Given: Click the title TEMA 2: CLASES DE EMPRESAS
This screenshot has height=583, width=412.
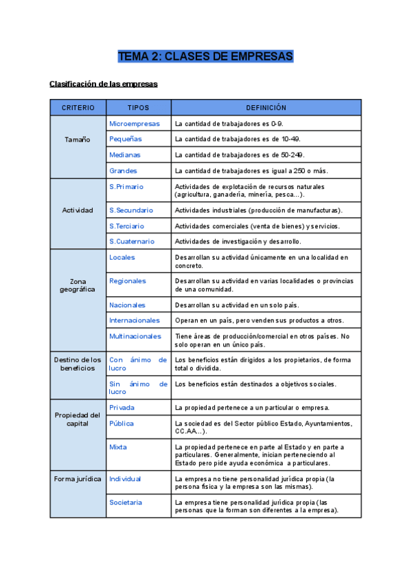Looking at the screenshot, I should (x=205, y=56).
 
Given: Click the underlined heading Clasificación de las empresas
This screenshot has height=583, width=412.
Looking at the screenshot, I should (x=104, y=84).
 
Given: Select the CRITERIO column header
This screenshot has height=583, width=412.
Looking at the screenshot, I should (x=78, y=108).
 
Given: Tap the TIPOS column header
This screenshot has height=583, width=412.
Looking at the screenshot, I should (x=138, y=108).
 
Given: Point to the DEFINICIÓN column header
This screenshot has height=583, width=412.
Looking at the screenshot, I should (x=266, y=108).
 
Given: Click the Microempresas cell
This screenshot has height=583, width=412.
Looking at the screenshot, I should (x=135, y=124).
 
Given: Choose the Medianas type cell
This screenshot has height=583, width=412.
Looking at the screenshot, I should (x=125, y=155).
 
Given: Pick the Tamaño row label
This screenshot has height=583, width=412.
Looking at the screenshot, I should (x=78, y=140).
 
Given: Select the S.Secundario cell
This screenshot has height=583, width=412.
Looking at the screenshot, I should (x=131, y=210).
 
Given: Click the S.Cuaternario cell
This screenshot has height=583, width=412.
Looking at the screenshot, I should (x=132, y=241).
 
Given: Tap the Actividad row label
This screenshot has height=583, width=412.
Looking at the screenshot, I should (x=78, y=210).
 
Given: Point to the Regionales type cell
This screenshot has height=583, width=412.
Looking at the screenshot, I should (x=128, y=280).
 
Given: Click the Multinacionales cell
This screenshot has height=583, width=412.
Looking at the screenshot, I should (x=135, y=336).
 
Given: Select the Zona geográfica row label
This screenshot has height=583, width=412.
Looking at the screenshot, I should (x=78, y=285).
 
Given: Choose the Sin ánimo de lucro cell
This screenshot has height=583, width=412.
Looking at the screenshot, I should (x=138, y=388).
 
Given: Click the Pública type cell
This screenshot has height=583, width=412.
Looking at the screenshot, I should (x=122, y=423).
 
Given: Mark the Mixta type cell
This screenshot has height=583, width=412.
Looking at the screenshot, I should (x=118, y=447).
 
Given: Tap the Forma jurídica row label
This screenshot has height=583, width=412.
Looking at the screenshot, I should (x=78, y=478).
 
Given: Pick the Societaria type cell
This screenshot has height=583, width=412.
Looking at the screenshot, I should (x=126, y=502).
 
